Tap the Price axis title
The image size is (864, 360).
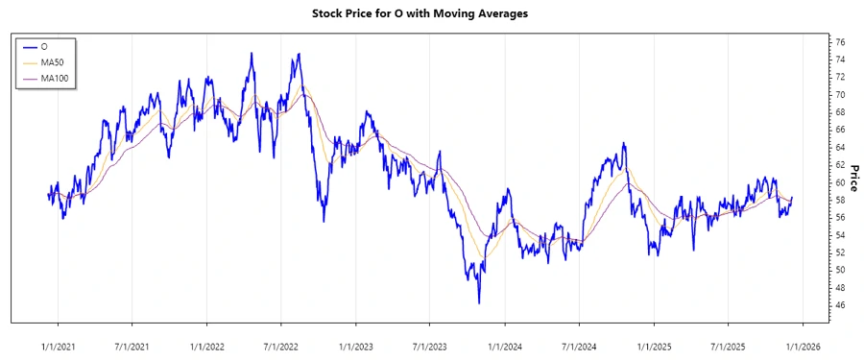point(853,164)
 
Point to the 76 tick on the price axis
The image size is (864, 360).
point(840,42)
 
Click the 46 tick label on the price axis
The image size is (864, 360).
point(840,305)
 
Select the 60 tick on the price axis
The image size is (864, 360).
point(840,182)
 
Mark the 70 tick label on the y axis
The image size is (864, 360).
point(840,95)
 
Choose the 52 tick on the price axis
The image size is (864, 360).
point(840,252)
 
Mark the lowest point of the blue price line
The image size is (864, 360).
point(479,303)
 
